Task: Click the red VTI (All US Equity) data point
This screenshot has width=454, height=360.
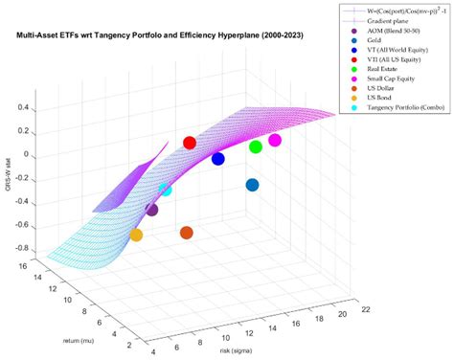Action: pyautogui.click(x=190, y=143)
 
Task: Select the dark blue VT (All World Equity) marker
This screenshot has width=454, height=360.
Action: pyautogui.click(x=218, y=159)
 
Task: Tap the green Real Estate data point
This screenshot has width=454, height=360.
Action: pyautogui.click(x=256, y=146)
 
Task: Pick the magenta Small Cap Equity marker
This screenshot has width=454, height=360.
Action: pyautogui.click(x=275, y=141)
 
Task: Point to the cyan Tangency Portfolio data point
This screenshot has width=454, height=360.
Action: pyautogui.click(x=166, y=190)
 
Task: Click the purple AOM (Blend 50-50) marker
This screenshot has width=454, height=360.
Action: pyautogui.click(x=151, y=209)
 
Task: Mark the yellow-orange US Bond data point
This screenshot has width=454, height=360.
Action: pyautogui.click(x=136, y=235)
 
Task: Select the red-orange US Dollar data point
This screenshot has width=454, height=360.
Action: pyautogui.click(x=187, y=233)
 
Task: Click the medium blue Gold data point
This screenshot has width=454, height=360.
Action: pyautogui.click(x=252, y=185)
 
